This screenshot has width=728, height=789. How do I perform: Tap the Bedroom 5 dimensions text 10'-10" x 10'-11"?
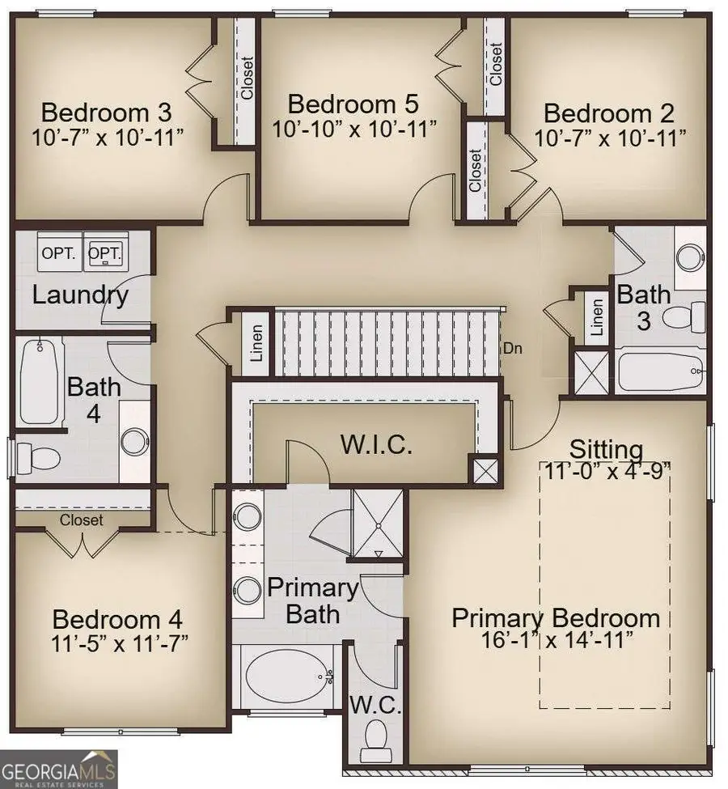click(354, 128)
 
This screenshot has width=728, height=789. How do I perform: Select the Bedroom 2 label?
click(609, 113)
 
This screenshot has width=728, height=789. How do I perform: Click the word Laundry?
click(80, 295)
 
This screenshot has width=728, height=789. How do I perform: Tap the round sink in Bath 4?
click(134, 441)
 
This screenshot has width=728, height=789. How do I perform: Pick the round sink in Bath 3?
click(690, 258)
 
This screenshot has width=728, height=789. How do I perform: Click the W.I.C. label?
click(376, 444)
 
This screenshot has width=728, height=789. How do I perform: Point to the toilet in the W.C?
click(375, 737)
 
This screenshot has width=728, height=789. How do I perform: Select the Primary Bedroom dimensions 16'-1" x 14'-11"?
click(554, 640)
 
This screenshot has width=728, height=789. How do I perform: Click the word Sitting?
click(606, 449)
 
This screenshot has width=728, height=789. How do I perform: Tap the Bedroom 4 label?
click(117, 621)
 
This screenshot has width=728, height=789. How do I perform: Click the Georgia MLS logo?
click(59, 767)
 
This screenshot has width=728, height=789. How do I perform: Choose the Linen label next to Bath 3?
click(597, 318)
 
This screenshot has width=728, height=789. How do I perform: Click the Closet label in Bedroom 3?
click(247, 78)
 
